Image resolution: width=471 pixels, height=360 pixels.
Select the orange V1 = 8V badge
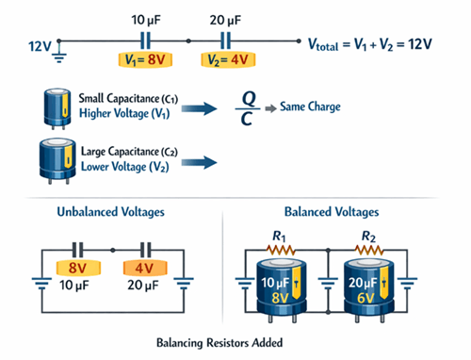146,59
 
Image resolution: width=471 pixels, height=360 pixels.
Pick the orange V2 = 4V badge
226,59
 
